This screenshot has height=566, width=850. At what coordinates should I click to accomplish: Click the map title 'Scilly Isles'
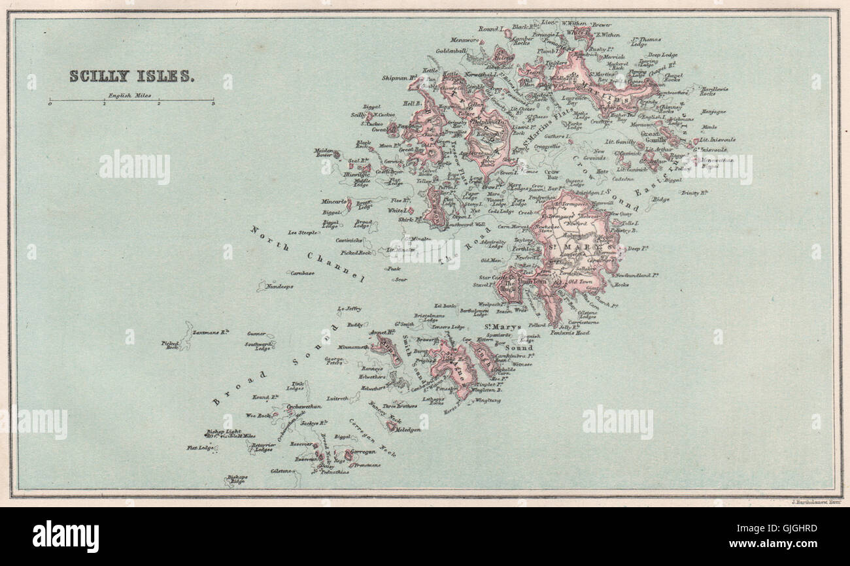[x=131, y=76]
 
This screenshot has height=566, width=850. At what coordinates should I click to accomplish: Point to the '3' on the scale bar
[x=213, y=105]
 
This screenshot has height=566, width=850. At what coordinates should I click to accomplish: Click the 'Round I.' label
[x=491, y=29]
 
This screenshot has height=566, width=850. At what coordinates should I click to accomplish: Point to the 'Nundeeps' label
[x=279, y=286]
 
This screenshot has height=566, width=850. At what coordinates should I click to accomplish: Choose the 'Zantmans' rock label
[x=210, y=332]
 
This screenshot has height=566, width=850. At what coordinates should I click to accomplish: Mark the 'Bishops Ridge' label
[x=237, y=479]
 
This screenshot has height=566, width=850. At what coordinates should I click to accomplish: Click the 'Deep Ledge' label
[x=663, y=55]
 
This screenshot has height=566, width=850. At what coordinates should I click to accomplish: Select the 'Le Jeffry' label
[x=349, y=308]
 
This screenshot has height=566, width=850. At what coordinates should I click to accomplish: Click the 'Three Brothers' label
[x=399, y=406]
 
